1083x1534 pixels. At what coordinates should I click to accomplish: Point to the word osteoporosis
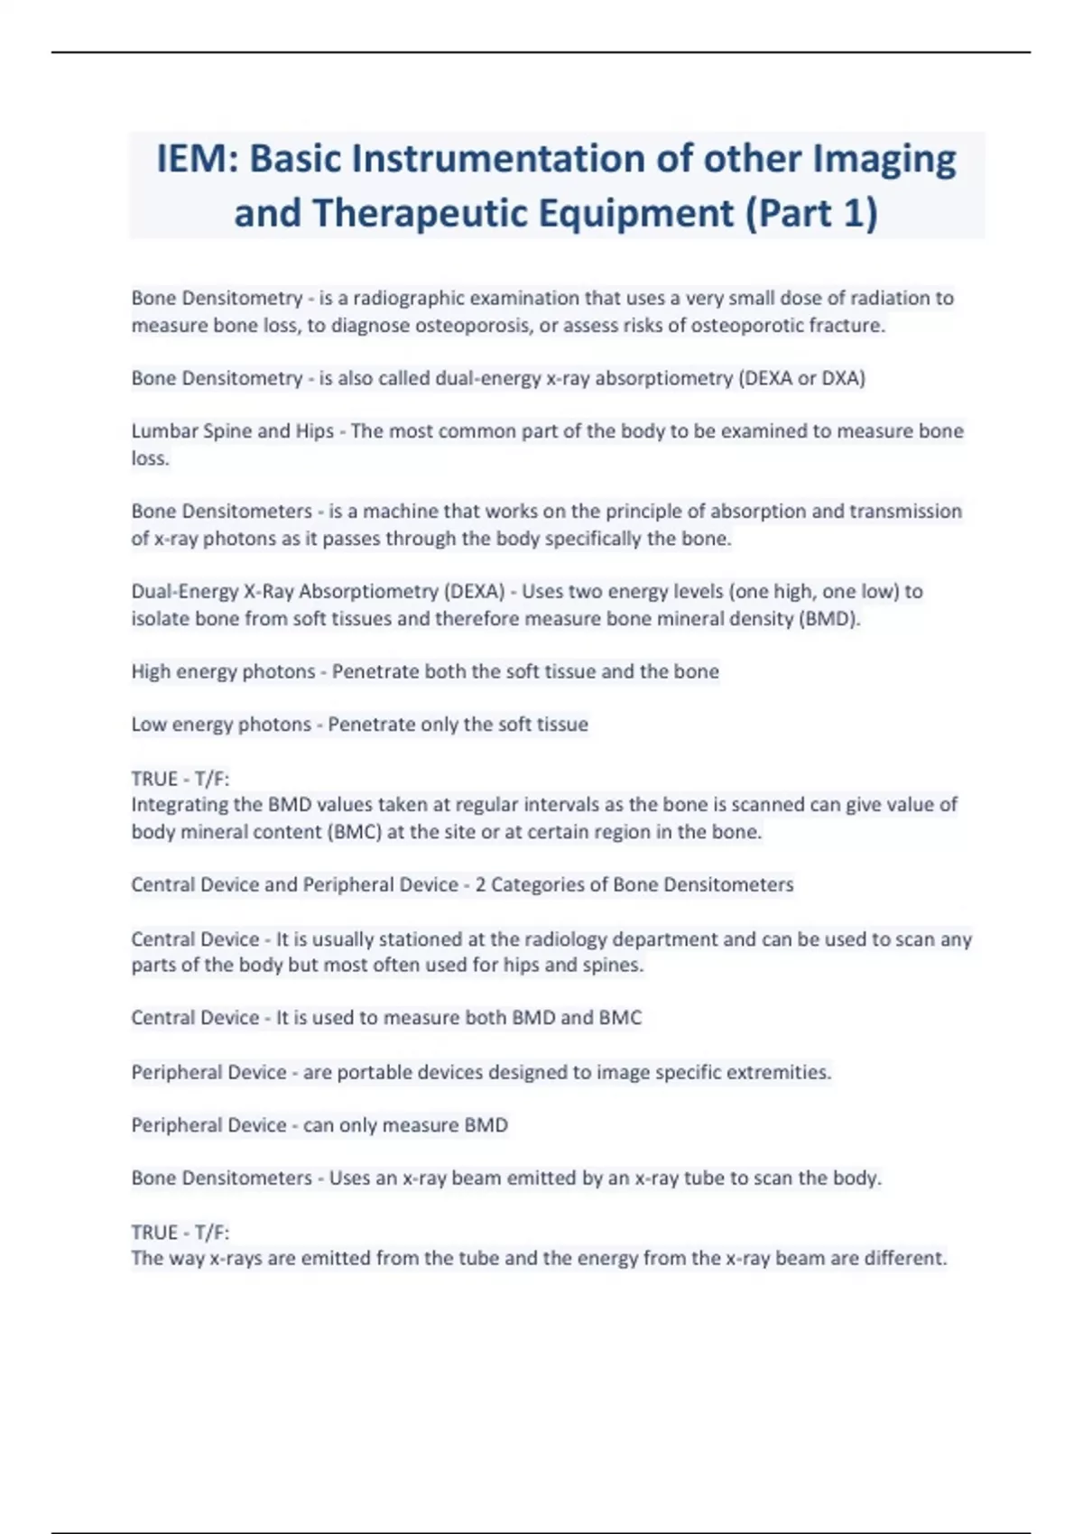(x=472, y=325)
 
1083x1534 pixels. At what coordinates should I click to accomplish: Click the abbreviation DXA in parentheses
(x=839, y=378)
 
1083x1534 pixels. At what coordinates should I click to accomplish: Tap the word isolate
(x=156, y=619)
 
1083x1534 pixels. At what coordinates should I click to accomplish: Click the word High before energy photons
(x=151, y=671)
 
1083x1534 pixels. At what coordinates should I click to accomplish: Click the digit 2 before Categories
(x=480, y=885)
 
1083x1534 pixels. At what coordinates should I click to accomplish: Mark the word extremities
(x=779, y=1072)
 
